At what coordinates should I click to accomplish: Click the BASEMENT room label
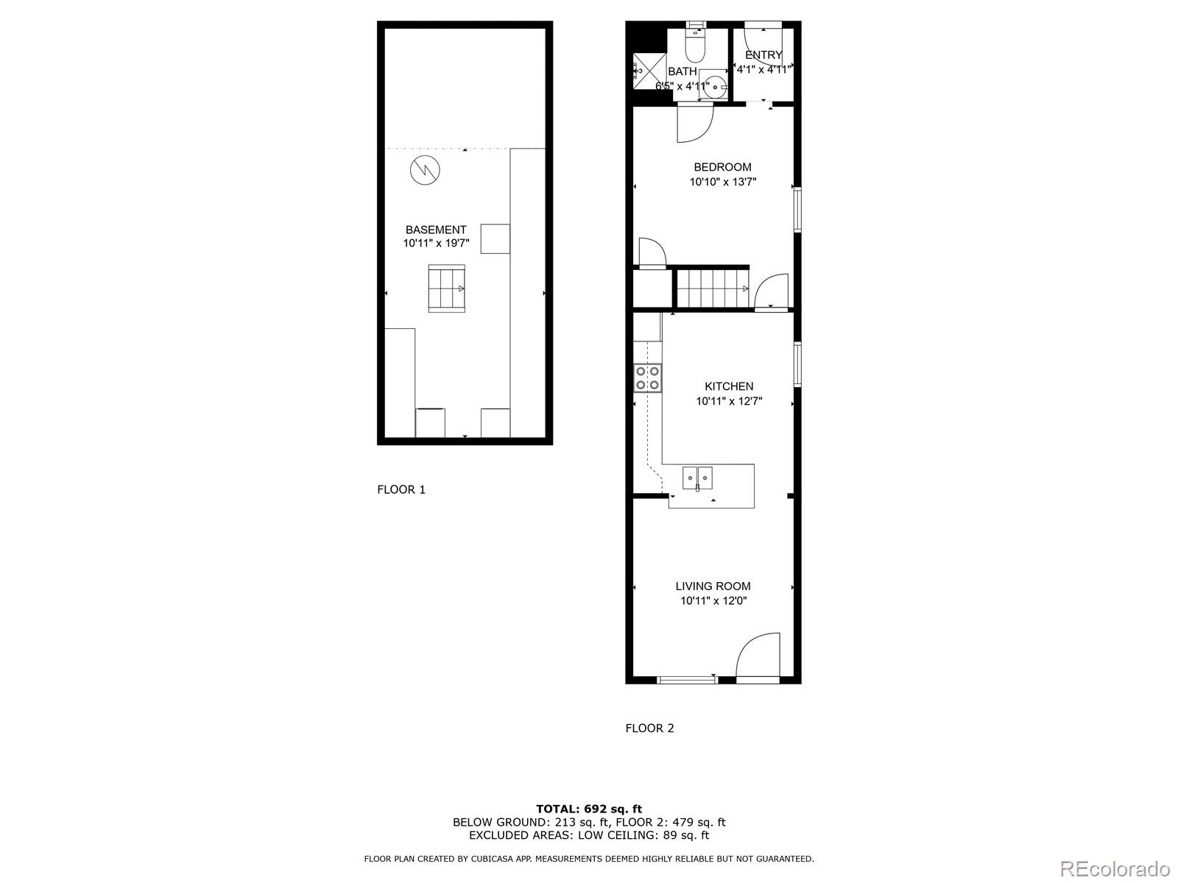(x=435, y=230)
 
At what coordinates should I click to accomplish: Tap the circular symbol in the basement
(x=425, y=171)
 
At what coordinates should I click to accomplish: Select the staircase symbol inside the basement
(x=447, y=288)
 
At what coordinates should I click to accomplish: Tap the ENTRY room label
(x=763, y=55)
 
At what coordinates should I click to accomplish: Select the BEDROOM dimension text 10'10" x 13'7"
(x=723, y=182)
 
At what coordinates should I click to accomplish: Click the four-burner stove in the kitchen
(x=648, y=377)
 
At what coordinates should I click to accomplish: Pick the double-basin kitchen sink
(x=697, y=478)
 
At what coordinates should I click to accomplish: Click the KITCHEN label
(x=729, y=386)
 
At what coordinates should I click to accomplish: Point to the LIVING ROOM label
(x=713, y=586)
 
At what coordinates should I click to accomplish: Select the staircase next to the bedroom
(x=713, y=288)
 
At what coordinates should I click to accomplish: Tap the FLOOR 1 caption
(x=401, y=489)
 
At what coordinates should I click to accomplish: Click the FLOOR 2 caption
(x=649, y=728)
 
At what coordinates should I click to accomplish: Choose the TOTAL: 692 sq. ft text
(x=589, y=809)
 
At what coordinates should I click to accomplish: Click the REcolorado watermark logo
(x=1114, y=868)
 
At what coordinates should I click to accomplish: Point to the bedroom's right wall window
(x=797, y=211)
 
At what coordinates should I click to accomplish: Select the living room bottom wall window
(x=687, y=680)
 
